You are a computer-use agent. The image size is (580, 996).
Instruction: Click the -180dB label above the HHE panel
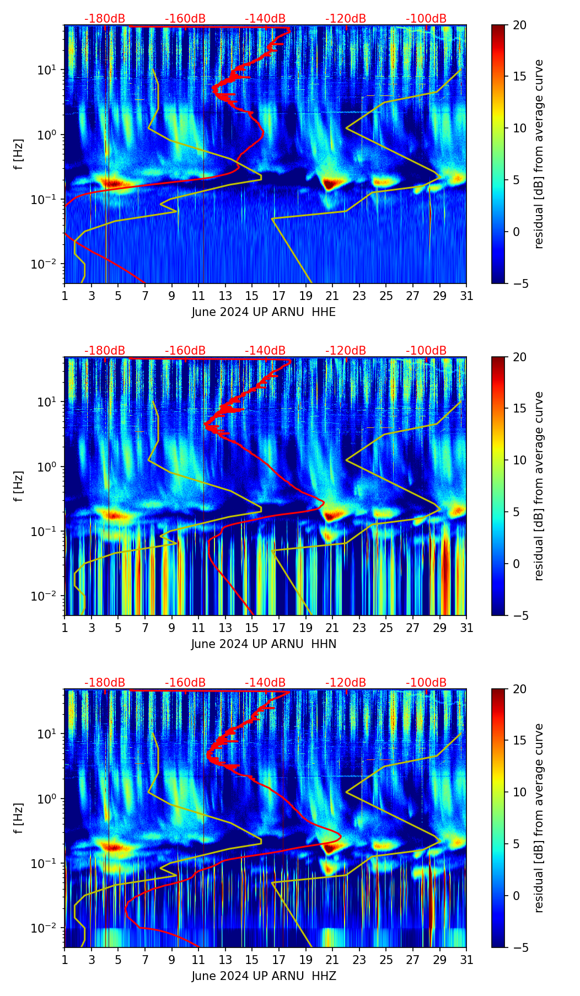105,19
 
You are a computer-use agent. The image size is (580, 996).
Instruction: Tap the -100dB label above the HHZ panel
426,683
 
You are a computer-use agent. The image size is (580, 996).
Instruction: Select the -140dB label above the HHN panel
265,351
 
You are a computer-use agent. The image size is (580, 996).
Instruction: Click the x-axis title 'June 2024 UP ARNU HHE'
264,312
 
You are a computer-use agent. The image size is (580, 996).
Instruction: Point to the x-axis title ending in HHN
264,644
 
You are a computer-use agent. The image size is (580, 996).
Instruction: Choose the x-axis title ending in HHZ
264,976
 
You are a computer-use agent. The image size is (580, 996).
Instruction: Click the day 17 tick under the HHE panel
278,296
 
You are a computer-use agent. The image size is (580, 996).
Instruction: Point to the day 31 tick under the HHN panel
466,628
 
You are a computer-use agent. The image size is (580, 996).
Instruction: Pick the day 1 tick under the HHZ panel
65,960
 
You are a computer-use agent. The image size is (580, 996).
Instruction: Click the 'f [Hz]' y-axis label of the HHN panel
19,486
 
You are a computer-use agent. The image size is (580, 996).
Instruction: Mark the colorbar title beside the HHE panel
539,154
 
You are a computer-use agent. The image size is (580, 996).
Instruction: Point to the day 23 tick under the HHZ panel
359,960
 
